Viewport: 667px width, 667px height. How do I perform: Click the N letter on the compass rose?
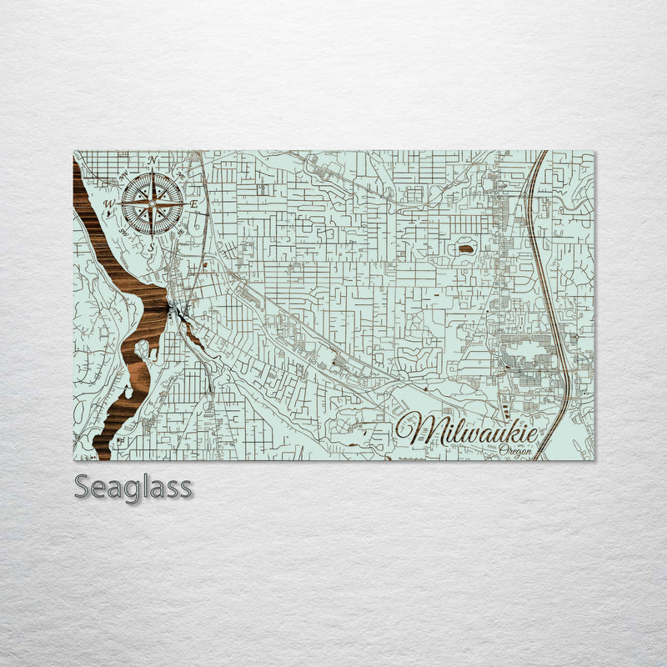tap(152, 159)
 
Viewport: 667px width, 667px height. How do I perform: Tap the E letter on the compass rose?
tap(193, 203)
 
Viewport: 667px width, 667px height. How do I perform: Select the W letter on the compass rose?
tap(108, 203)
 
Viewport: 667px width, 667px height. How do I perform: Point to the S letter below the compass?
tap(152, 247)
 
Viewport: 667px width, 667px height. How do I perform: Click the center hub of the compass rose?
tap(152, 203)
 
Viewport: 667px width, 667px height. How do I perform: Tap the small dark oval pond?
tap(464, 248)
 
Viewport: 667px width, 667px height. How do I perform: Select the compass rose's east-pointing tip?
tap(183, 203)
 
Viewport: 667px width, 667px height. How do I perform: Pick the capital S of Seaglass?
tap(83, 486)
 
